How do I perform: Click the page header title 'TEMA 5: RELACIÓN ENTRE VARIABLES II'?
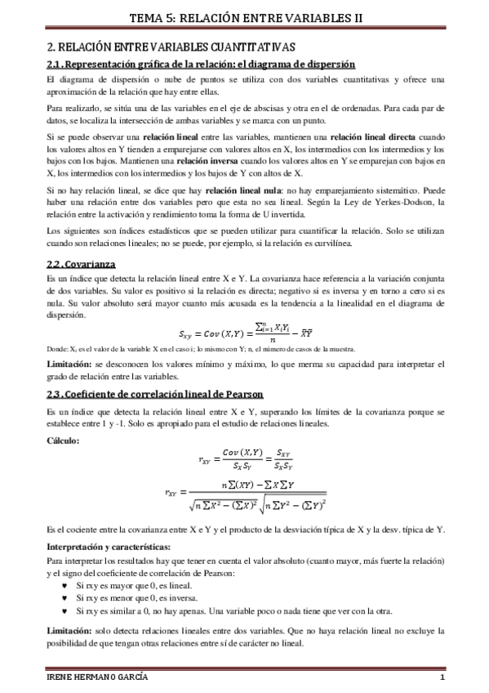tap(244, 16)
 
